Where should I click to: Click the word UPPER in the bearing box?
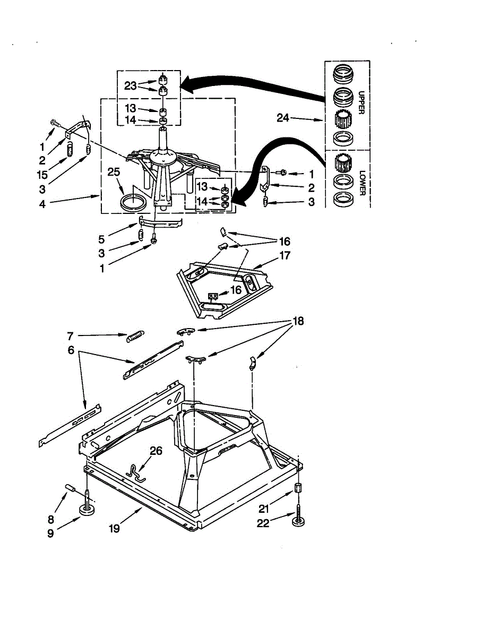click(361, 102)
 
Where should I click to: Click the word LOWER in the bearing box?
click(363, 183)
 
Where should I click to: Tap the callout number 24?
click(283, 118)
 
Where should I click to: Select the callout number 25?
click(114, 172)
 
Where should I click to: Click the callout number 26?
click(156, 451)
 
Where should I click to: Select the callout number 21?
click(264, 509)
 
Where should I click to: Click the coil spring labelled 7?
click(135, 336)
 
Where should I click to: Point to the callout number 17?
click(285, 255)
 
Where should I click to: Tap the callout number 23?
click(131, 86)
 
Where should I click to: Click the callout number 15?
click(42, 175)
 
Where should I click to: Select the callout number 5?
click(101, 239)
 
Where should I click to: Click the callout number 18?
click(298, 321)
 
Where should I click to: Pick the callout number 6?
click(71, 350)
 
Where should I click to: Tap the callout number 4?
click(42, 204)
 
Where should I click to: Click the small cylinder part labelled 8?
click(70, 487)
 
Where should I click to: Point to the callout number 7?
click(70, 336)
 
